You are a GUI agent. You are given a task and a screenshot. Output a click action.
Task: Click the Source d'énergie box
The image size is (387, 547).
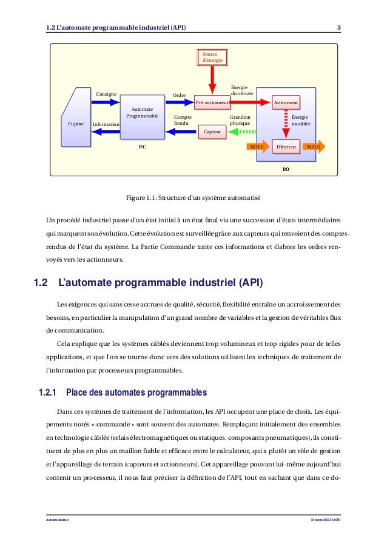(x=212, y=58)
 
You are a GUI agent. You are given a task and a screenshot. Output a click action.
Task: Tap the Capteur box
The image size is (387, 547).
(x=212, y=130)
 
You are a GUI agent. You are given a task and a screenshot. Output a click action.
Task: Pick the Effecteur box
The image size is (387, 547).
(x=285, y=147)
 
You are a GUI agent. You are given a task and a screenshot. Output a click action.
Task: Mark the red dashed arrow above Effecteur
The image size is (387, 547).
(x=285, y=125)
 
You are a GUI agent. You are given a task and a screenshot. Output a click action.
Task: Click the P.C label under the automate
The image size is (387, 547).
(x=142, y=147)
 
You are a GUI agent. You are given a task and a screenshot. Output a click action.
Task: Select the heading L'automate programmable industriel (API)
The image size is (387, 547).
(x=160, y=282)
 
